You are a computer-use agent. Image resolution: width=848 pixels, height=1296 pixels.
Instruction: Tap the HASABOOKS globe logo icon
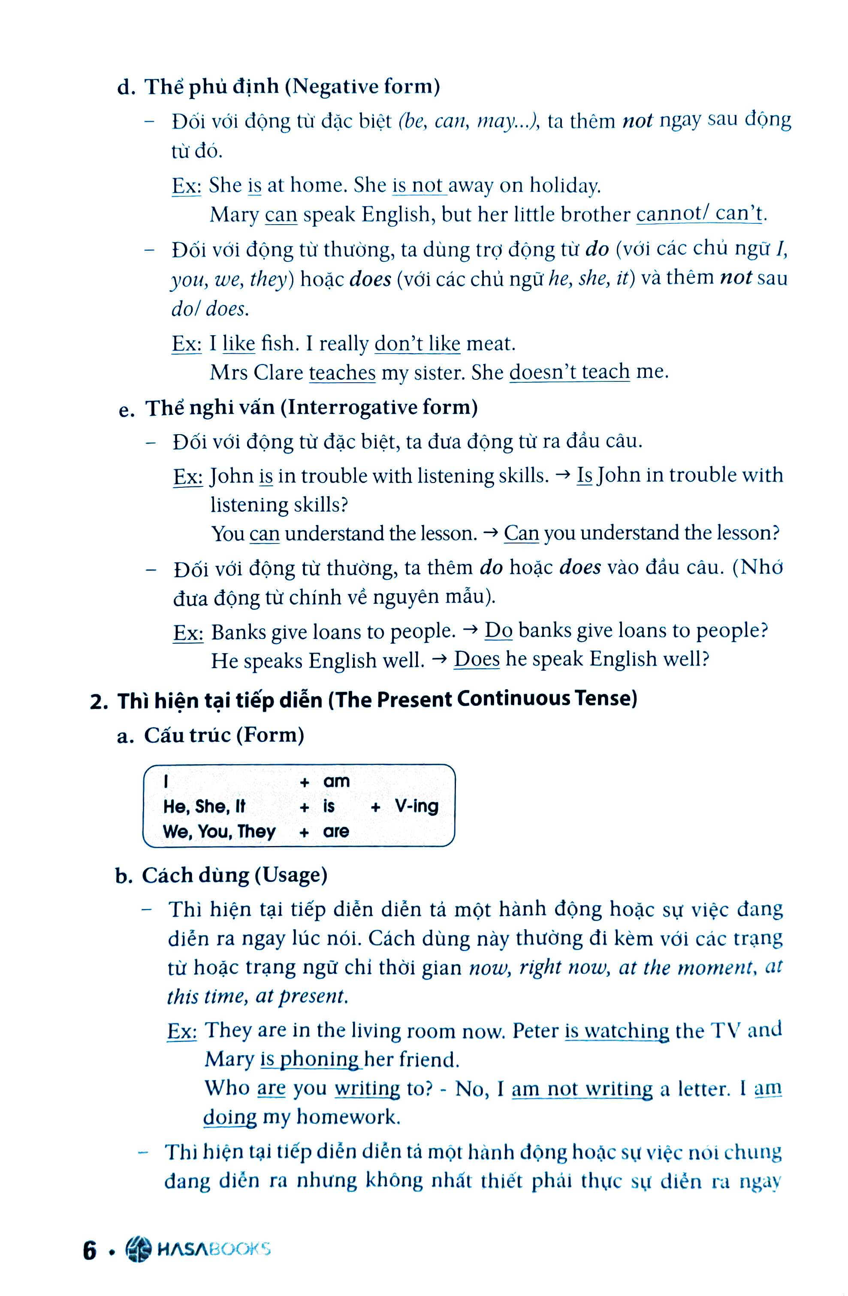coord(138,1249)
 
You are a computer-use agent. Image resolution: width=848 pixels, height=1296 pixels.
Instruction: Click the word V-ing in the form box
coord(417,806)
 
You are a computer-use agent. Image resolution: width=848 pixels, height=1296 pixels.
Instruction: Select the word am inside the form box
coord(336,781)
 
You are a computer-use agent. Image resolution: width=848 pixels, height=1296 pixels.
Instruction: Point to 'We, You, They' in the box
coord(219,831)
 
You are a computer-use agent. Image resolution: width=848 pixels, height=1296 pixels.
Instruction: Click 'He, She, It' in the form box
coord(204,807)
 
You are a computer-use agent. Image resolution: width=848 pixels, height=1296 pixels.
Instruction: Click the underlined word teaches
coord(342,373)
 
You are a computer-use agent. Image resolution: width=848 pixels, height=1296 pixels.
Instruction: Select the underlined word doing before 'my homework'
coord(230,1117)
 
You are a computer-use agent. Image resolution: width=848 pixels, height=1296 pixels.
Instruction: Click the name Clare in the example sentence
coord(278,373)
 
